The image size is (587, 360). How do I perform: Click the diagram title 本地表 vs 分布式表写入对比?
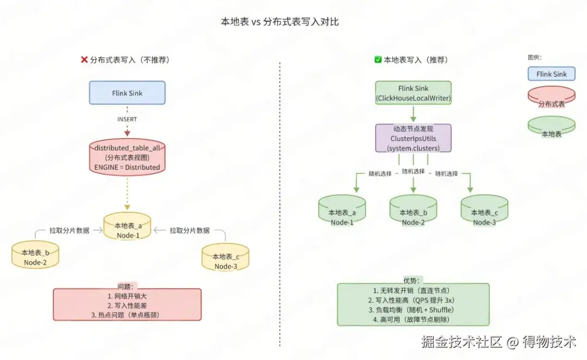(279, 22)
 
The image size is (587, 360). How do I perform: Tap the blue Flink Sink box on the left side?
(127, 93)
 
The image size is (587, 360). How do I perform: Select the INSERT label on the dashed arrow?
(127, 119)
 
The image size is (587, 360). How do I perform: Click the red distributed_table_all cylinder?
(127, 158)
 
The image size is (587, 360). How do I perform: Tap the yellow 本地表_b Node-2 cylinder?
(35, 257)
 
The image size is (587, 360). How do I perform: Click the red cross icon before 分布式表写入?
(84, 60)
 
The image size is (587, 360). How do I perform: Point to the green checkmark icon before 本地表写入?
(378, 60)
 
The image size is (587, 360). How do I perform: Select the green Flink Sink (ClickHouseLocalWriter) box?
(413, 93)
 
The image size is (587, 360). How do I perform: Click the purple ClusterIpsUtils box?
(413, 139)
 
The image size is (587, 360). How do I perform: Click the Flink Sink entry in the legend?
(551, 74)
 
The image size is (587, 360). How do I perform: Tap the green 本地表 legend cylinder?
(551, 129)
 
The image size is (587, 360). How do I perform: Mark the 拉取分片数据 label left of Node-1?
(70, 231)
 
